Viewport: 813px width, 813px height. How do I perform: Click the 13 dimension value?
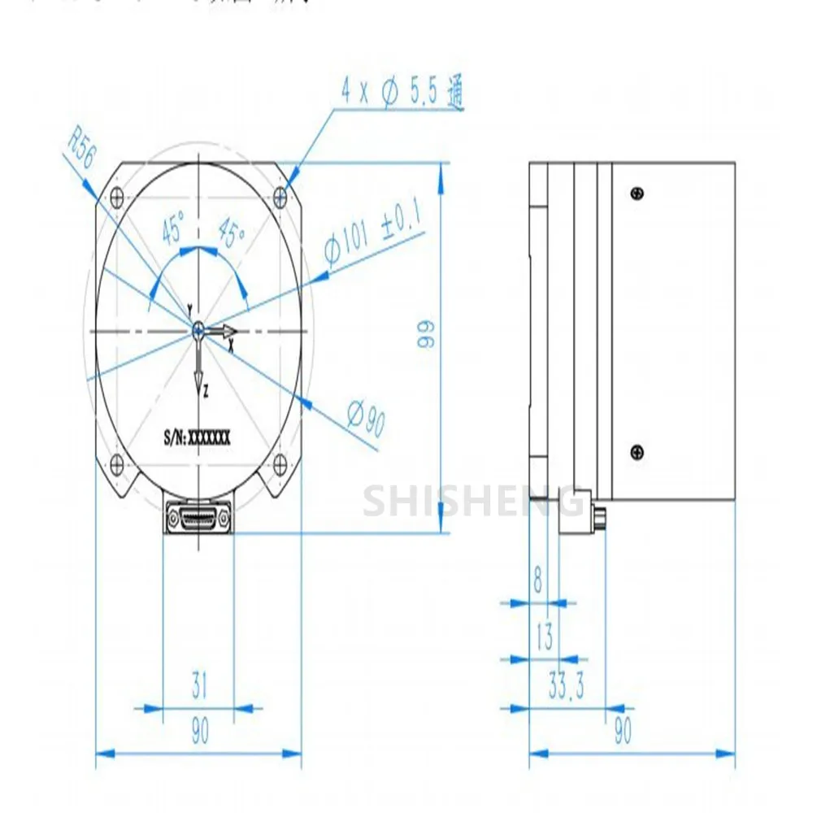pyautogui.click(x=544, y=637)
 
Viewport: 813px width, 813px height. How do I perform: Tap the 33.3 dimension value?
pyautogui.click(x=567, y=689)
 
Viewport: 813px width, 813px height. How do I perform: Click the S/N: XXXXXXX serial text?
pyautogui.click(x=197, y=437)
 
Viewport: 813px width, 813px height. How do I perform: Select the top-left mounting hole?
pyautogui.click(x=117, y=195)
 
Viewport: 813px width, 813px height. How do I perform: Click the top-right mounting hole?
pyautogui.click(x=281, y=195)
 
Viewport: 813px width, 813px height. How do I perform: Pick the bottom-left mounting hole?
pyautogui.click(x=117, y=464)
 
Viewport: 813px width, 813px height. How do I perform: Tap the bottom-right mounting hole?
pyautogui.click(x=281, y=464)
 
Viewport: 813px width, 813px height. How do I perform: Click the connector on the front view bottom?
pyautogui.click(x=198, y=517)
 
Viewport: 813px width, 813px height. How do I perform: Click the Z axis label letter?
pyautogui.click(x=206, y=391)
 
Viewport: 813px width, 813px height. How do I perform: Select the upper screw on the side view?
pyautogui.click(x=637, y=193)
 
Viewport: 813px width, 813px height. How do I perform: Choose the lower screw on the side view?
pyautogui.click(x=637, y=451)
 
